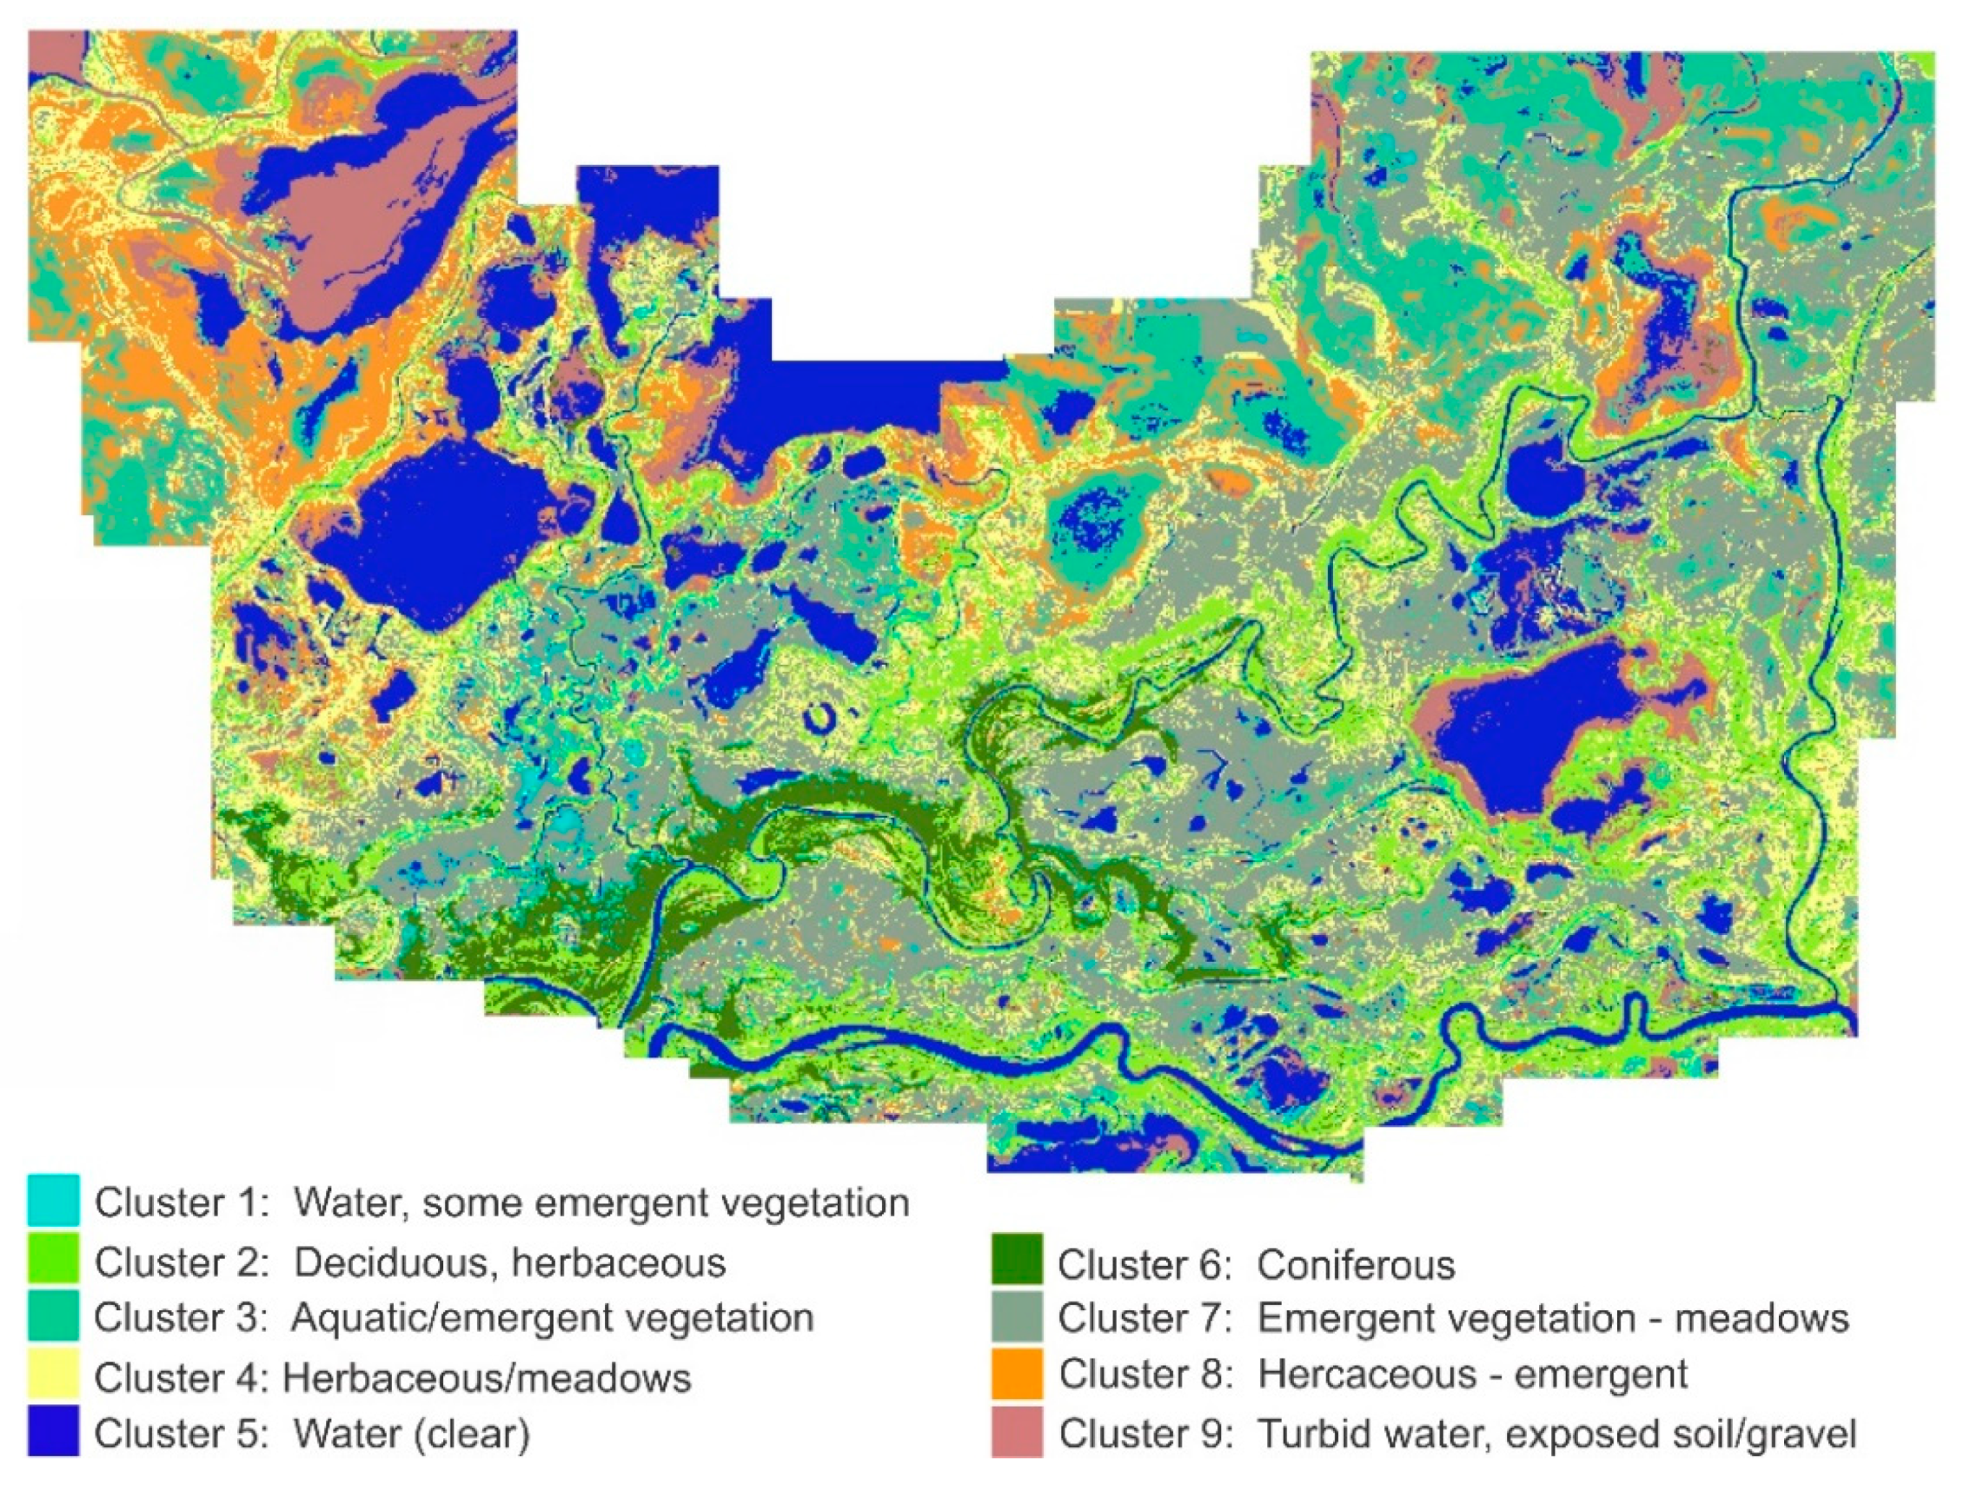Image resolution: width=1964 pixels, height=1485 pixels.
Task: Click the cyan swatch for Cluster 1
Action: click(x=53, y=1200)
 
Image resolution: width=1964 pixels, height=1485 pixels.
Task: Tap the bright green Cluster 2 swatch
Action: click(x=53, y=1259)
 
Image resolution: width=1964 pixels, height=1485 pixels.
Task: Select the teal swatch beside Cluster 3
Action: click(x=53, y=1316)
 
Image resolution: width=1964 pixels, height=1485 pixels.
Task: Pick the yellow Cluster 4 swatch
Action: click(x=53, y=1375)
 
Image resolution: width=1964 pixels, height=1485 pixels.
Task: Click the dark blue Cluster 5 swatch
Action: click(x=53, y=1431)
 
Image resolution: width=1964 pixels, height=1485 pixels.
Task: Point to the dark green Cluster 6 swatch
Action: click(x=1017, y=1260)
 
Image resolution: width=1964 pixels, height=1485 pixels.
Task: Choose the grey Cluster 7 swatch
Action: click(x=1017, y=1317)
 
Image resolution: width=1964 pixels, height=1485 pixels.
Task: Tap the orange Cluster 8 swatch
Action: click(x=1017, y=1374)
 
